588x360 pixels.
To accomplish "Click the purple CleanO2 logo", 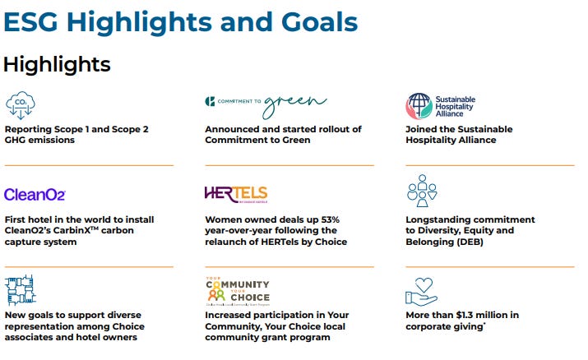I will pos(35,195).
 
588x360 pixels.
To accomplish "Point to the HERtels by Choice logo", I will pos(236,195).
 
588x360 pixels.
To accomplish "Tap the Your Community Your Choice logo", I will pos(237,291).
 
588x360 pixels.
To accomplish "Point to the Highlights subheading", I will pos(57,63).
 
